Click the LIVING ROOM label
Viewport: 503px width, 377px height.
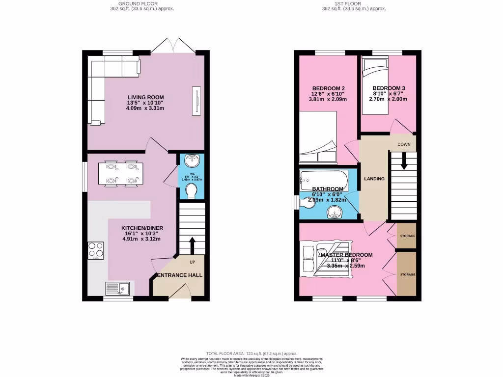[146, 97]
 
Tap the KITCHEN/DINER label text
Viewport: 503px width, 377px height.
[142, 228]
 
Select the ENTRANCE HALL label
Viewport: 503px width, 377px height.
[179, 275]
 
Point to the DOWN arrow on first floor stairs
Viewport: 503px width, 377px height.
[404, 162]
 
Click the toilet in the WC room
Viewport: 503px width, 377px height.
[192, 190]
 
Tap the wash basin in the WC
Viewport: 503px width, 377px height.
[192, 161]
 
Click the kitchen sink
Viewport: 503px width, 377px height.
[118, 288]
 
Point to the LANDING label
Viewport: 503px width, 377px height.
[374, 179]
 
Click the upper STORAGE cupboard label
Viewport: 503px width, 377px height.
[407, 236]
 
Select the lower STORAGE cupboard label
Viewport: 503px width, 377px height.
[407, 274]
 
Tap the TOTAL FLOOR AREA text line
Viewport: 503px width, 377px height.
[251, 353]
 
